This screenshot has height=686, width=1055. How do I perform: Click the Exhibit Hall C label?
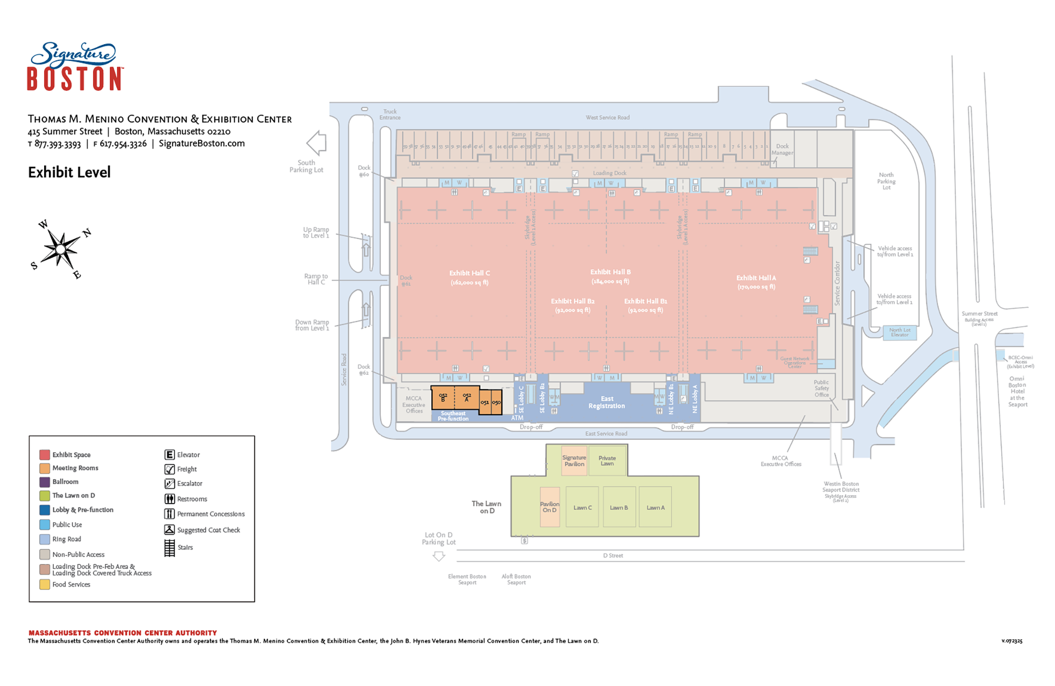469,277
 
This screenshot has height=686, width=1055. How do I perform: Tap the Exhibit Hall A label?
756,282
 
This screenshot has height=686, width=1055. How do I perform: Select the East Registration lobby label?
607,402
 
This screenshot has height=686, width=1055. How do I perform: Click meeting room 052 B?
443,397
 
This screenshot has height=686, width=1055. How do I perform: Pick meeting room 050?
496,402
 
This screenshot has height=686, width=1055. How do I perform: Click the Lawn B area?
619,507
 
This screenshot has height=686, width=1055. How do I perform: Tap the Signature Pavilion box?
574,460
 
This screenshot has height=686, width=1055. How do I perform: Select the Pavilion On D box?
550,507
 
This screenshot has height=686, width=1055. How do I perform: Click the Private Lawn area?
607,460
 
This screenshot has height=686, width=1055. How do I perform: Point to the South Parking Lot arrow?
316,143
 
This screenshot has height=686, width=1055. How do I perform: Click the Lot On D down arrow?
439,556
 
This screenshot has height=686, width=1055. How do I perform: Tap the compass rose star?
60,249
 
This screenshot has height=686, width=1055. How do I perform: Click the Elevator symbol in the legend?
169,455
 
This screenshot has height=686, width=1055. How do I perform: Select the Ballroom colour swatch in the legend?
45,482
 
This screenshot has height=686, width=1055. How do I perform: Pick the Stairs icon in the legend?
169,547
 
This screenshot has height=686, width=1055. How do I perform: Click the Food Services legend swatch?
45,584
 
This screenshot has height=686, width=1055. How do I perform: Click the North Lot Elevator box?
900,332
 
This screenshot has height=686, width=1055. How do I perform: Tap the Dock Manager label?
782,149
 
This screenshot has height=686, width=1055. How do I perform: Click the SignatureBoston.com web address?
201,144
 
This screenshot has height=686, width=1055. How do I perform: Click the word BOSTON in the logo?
75,79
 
